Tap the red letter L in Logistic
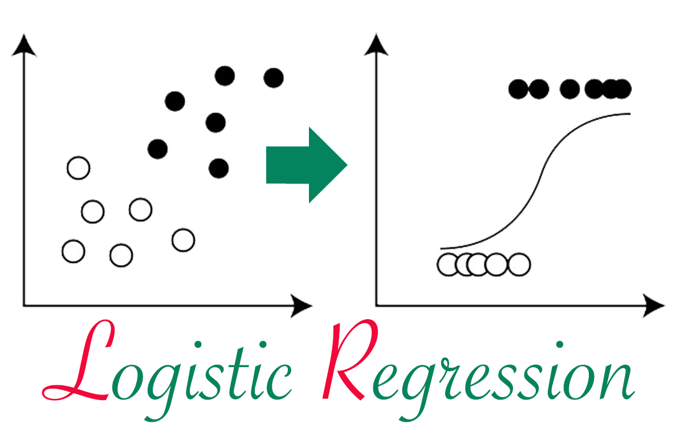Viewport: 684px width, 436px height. (85, 365)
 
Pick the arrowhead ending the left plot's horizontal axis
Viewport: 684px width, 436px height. (302, 306)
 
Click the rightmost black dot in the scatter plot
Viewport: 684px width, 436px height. (274, 78)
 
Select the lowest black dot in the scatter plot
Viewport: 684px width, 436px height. (218, 168)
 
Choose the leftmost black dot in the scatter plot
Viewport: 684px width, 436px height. (157, 149)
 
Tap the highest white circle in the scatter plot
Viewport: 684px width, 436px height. (78, 168)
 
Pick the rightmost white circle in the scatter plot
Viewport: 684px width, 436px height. (183, 240)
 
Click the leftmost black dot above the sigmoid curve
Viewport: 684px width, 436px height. (519, 89)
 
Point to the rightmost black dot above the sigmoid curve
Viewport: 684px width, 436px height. (621, 89)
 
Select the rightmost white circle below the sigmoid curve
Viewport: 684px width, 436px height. (519, 264)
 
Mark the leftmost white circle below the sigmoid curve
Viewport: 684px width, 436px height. (448, 264)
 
